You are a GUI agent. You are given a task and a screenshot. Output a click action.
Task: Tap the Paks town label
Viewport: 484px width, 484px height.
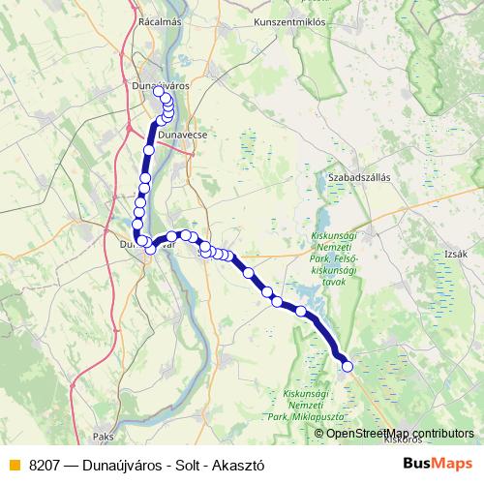click(x=104, y=437)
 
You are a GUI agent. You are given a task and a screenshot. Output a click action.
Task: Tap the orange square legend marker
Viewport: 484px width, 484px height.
click(x=14, y=465)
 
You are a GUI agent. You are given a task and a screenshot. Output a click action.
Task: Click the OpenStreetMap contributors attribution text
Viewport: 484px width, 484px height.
click(x=400, y=433)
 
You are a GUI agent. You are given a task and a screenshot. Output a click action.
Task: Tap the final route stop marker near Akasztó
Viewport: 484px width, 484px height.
click(x=348, y=366)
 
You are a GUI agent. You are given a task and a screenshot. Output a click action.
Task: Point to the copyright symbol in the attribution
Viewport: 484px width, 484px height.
click(x=320, y=433)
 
